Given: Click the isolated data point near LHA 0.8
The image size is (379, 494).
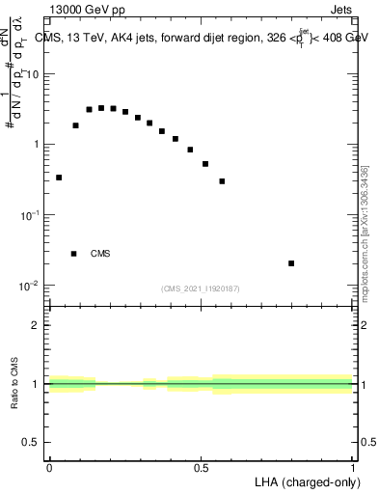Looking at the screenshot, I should tap(291, 262).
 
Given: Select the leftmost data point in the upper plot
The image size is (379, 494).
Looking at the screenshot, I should tap(59, 178).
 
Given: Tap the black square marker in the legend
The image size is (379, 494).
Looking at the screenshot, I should tap(73, 254).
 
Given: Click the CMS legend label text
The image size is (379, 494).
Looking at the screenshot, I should tap(100, 254).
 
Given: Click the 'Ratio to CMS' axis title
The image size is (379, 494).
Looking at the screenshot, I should tap(14, 384).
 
